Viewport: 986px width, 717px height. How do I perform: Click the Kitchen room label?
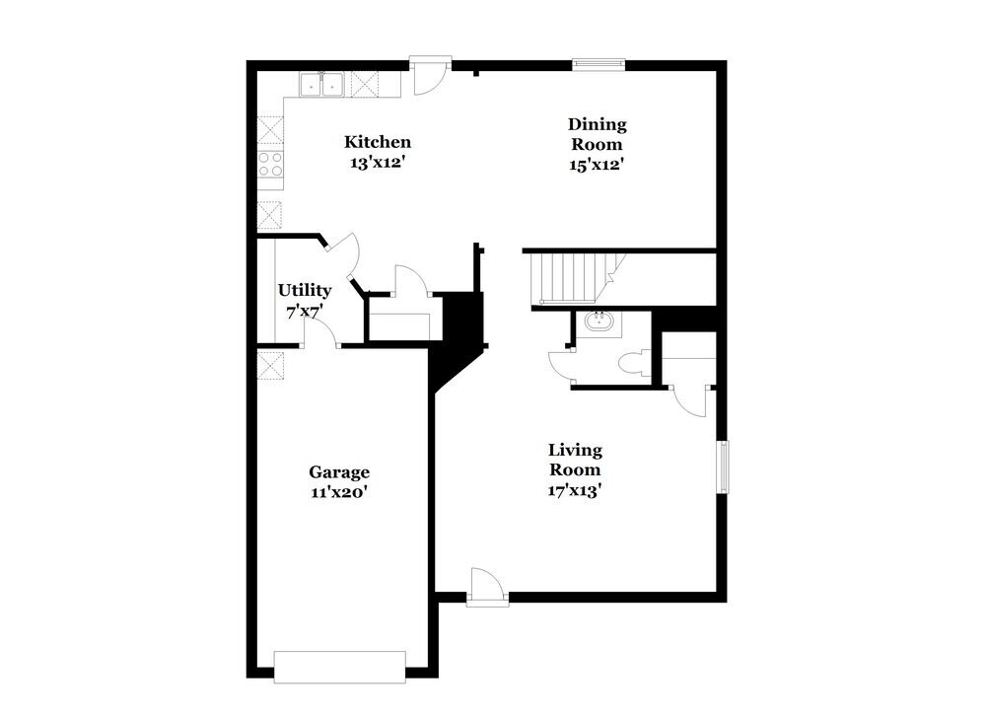pyautogui.click(x=377, y=142)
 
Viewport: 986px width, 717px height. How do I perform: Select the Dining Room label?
pyautogui.click(x=597, y=134)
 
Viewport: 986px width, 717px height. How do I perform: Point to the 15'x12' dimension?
pyautogui.click(x=597, y=165)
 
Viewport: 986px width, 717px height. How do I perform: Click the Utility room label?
pyautogui.click(x=304, y=290)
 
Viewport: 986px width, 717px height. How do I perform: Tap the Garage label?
pyautogui.click(x=339, y=472)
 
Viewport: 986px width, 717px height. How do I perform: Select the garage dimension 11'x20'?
pyautogui.click(x=339, y=493)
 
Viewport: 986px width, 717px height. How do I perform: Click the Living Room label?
pyautogui.click(x=575, y=460)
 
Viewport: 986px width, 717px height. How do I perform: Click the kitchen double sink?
pyautogui.click(x=320, y=85)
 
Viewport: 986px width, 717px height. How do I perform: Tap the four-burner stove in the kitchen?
pyautogui.click(x=270, y=164)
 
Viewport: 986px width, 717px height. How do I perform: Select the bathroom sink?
pyautogui.click(x=599, y=323)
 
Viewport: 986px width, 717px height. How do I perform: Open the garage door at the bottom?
pyautogui.click(x=339, y=666)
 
